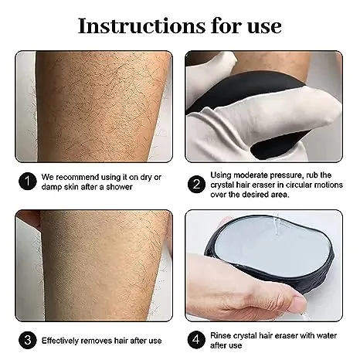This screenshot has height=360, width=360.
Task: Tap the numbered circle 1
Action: click(28, 182)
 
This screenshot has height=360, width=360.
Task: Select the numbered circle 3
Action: click(28, 339)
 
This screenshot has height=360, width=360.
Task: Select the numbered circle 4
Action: click(197, 339)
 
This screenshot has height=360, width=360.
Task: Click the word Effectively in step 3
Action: click(62, 340)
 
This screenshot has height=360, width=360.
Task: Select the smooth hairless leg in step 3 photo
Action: click(93, 263)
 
